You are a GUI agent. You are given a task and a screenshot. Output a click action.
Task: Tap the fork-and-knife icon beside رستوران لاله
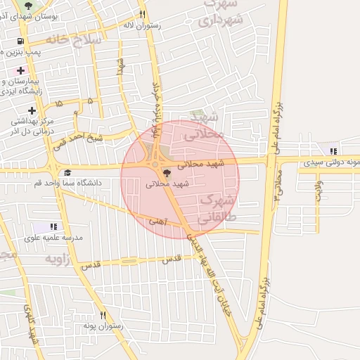[x=143, y=14]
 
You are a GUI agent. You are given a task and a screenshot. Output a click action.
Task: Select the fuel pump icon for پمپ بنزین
[x=19, y=41]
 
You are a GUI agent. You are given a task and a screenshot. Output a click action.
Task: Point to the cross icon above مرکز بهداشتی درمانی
[x=32, y=110]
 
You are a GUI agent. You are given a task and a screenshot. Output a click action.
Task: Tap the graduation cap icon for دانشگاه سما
[x=67, y=172]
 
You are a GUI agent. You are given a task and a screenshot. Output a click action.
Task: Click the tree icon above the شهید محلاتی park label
[x=167, y=173]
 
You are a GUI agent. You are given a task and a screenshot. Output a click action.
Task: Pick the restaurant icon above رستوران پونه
[x=103, y=316]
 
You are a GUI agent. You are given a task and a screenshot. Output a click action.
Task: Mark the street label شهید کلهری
[x=32, y=323]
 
